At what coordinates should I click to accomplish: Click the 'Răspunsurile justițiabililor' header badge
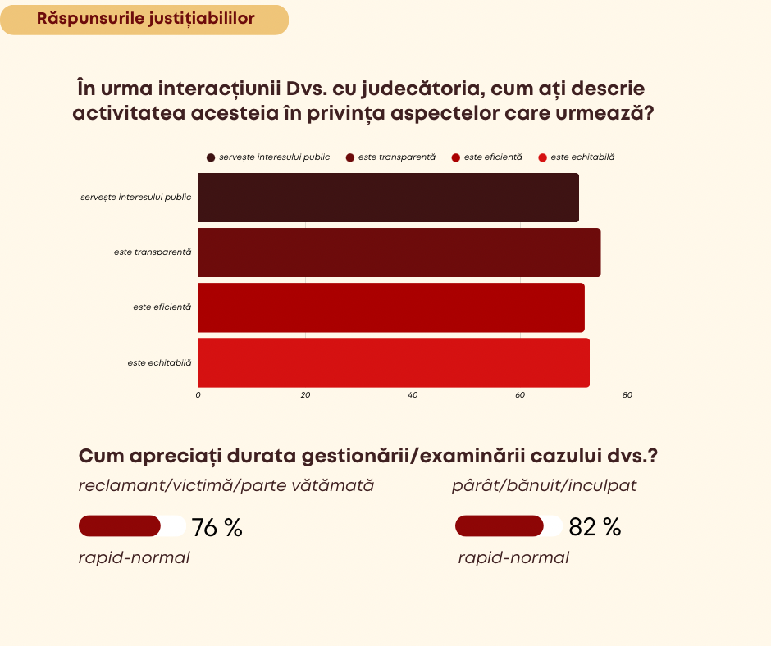[144, 19]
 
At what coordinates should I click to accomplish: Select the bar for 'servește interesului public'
[388, 198]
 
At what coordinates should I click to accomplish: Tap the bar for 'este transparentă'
[399, 252]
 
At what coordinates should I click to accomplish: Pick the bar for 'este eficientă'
[391, 307]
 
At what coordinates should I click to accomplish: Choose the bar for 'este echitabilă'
[394, 362]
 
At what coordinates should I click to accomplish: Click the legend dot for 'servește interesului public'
[212, 157]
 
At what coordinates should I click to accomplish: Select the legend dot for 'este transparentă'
[350, 157]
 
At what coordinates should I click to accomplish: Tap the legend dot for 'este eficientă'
[456, 157]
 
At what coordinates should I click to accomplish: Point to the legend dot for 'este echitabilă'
[542, 157]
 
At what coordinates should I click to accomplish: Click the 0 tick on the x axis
[198, 395]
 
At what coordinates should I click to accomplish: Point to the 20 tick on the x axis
[305, 395]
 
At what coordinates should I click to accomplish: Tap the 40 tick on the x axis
[413, 395]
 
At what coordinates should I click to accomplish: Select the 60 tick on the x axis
[520, 395]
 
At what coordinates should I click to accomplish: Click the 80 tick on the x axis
[627, 395]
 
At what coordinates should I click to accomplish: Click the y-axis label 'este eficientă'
[162, 307]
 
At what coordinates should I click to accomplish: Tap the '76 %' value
[217, 527]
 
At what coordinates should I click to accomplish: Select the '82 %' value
[595, 527]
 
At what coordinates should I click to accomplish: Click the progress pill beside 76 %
[132, 525]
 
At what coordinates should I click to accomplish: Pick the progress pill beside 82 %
[509, 525]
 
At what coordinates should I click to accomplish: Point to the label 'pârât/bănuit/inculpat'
[544, 485]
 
